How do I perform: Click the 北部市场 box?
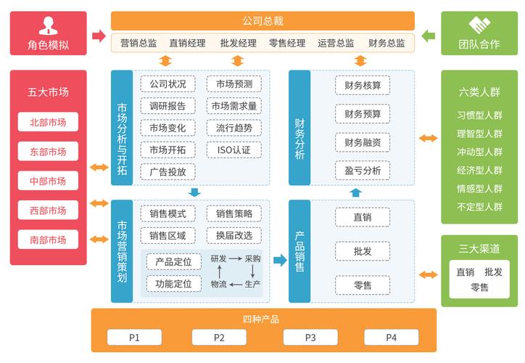coord(49,123)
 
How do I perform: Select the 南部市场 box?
coord(49,240)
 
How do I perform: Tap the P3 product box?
coord(310,338)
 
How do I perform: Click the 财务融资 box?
coord(363,142)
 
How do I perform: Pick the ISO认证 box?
coord(233,150)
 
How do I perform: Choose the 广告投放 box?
coord(168,172)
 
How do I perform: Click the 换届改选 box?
coord(233,235)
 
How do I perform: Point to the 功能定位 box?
coord(173,284)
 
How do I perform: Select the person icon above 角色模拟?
coord(49,25)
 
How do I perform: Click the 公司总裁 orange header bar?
coord(262,20)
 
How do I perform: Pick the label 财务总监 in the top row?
coord(386,43)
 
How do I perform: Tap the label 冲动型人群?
coord(479,152)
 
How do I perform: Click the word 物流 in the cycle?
coord(218,284)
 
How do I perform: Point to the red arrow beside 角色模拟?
coord(99,35)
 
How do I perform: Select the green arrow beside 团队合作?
coord(429,35)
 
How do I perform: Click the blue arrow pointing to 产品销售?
coord(280,260)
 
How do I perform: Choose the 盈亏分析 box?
coord(363,171)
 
